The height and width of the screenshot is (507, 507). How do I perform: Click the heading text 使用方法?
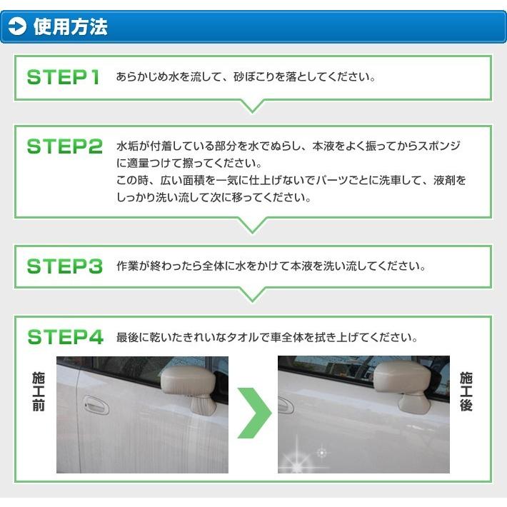(x=70, y=27)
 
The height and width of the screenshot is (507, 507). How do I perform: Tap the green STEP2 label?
(x=64, y=146)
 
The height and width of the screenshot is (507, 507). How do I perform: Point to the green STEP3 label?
(x=64, y=266)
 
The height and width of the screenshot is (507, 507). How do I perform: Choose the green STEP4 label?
(x=64, y=336)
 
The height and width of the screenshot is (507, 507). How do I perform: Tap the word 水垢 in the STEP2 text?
(x=127, y=146)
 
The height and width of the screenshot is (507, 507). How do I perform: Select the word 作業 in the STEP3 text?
(x=127, y=266)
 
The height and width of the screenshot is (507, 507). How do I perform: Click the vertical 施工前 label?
(x=39, y=391)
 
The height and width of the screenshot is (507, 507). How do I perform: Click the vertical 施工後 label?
(x=466, y=391)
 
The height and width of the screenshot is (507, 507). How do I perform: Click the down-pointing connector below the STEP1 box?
(x=253, y=106)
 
